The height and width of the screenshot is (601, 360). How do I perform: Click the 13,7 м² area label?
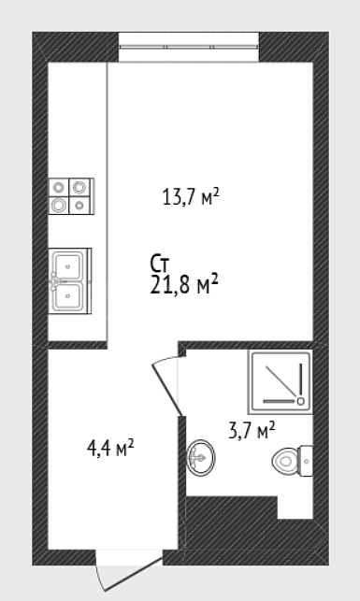point(191,197)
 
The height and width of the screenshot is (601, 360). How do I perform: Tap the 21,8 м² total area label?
point(184,284)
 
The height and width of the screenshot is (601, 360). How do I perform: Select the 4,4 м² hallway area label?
point(110,448)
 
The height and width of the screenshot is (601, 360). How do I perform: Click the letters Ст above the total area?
point(160,265)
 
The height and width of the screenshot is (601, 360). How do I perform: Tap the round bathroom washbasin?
point(201,458)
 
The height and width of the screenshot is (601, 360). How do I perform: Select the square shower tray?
point(280,381)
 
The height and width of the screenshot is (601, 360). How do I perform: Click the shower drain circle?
point(300,401)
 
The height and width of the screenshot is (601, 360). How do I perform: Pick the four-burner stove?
point(71,196)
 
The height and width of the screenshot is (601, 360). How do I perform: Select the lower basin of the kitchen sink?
point(68,296)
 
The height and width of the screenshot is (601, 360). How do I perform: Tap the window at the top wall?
point(189,47)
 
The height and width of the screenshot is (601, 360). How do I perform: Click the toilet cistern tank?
point(306,461)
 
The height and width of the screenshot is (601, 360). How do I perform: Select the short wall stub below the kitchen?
point(77,345)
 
